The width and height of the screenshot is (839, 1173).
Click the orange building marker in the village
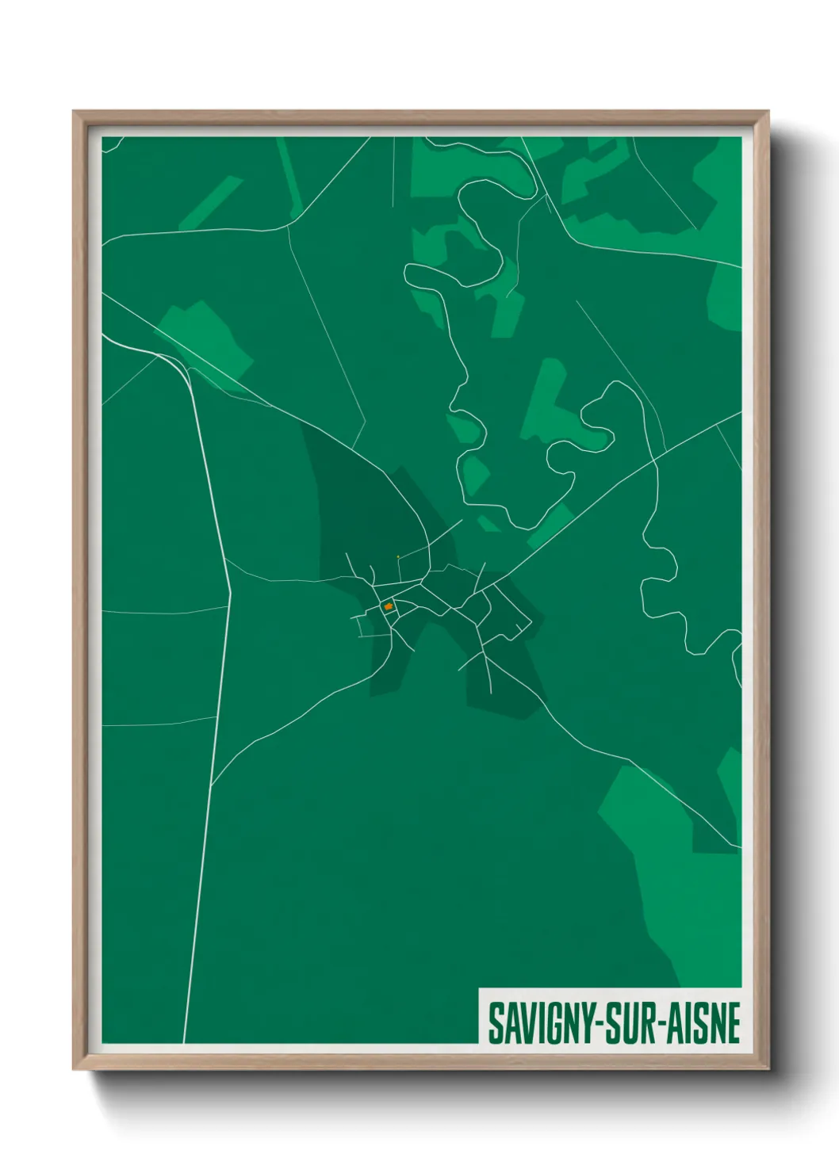389,607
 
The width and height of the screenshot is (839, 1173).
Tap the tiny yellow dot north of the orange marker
397,556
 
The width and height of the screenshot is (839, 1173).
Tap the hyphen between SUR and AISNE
662,1025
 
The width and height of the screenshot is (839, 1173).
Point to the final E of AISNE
734,1023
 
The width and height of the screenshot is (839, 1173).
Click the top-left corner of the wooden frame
74,112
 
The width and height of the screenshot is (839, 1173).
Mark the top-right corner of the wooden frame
768,112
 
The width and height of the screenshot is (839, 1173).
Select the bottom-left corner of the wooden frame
74,1068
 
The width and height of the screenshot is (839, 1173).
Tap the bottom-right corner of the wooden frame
768,1068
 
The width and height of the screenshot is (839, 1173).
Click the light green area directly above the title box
698,935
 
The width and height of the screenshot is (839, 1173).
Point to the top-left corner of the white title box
480,989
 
